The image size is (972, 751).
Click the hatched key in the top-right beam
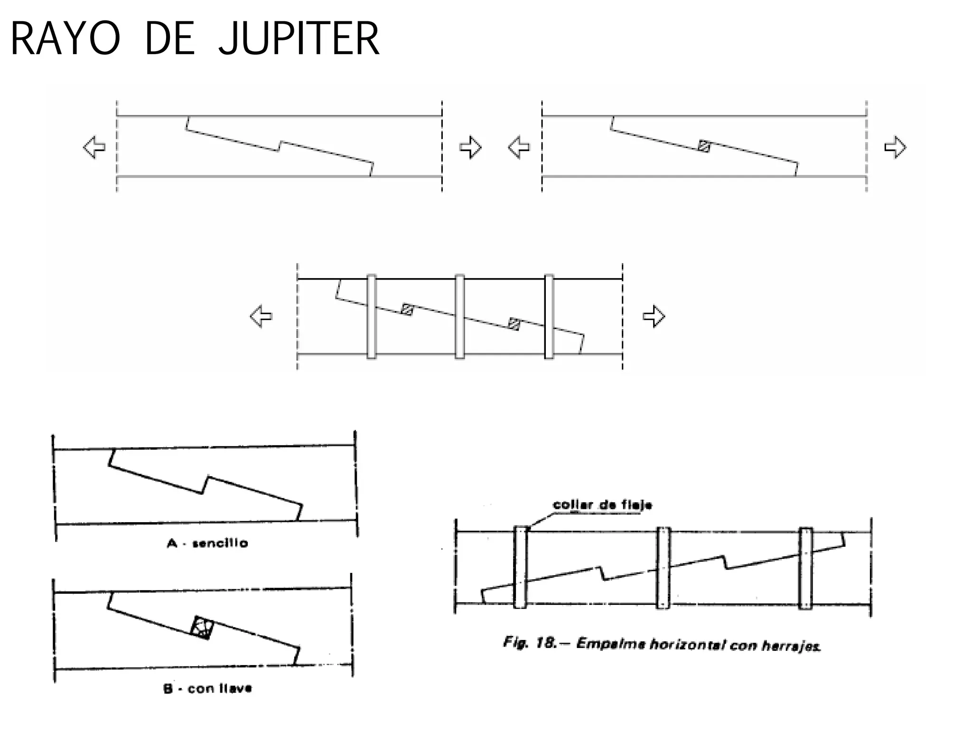(704, 146)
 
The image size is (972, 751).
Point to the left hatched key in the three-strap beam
(407, 310)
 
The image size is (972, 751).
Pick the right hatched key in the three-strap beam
(514, 324)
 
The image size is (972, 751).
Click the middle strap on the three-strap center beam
(459, 317)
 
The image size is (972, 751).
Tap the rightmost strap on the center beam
(549, 317)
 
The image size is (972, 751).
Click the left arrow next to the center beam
(261, 316)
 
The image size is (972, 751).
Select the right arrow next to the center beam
(654, 316)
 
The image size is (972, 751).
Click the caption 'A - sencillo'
(207, 543)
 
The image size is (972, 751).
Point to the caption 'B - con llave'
(207, 688)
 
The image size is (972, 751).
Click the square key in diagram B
(202, 628)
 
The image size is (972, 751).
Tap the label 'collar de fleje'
(602, 505)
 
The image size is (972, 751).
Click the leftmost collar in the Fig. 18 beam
(520, 567)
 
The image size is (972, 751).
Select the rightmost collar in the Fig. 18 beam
(805, 568)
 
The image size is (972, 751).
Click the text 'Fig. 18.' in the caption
(530, 643)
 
